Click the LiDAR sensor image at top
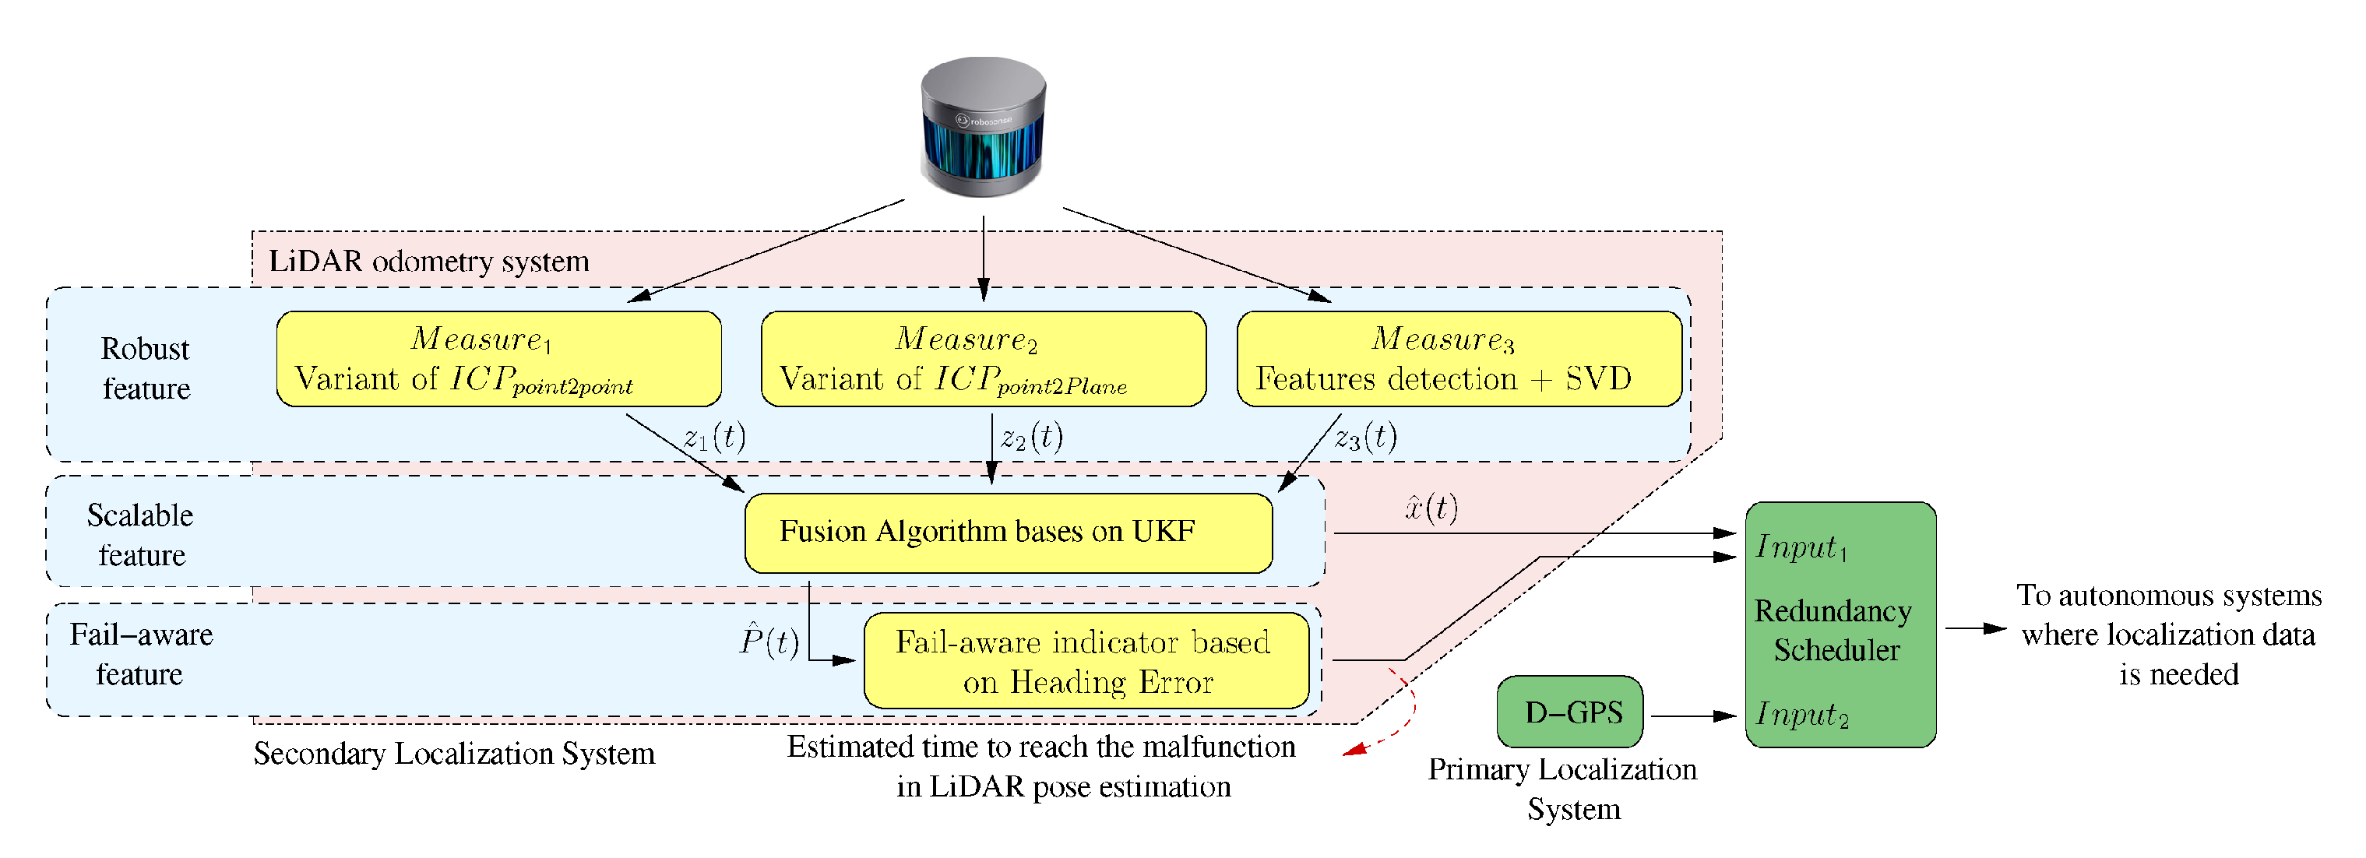pos(983,127)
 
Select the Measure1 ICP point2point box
pos(498,359)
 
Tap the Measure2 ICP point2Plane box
pos(983,359)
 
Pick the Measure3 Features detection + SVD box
pos(1459,359)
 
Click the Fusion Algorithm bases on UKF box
pos(1008,533)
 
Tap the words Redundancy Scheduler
pos(1833,630)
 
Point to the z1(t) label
pos(715,438)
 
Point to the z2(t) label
pos(1031,438)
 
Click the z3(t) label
pos(1366,438)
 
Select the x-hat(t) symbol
pos(1431,508)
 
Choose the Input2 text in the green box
pos(1801,714)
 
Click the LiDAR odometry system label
pos(428,262)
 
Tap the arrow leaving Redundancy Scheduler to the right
pos(1975,628)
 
